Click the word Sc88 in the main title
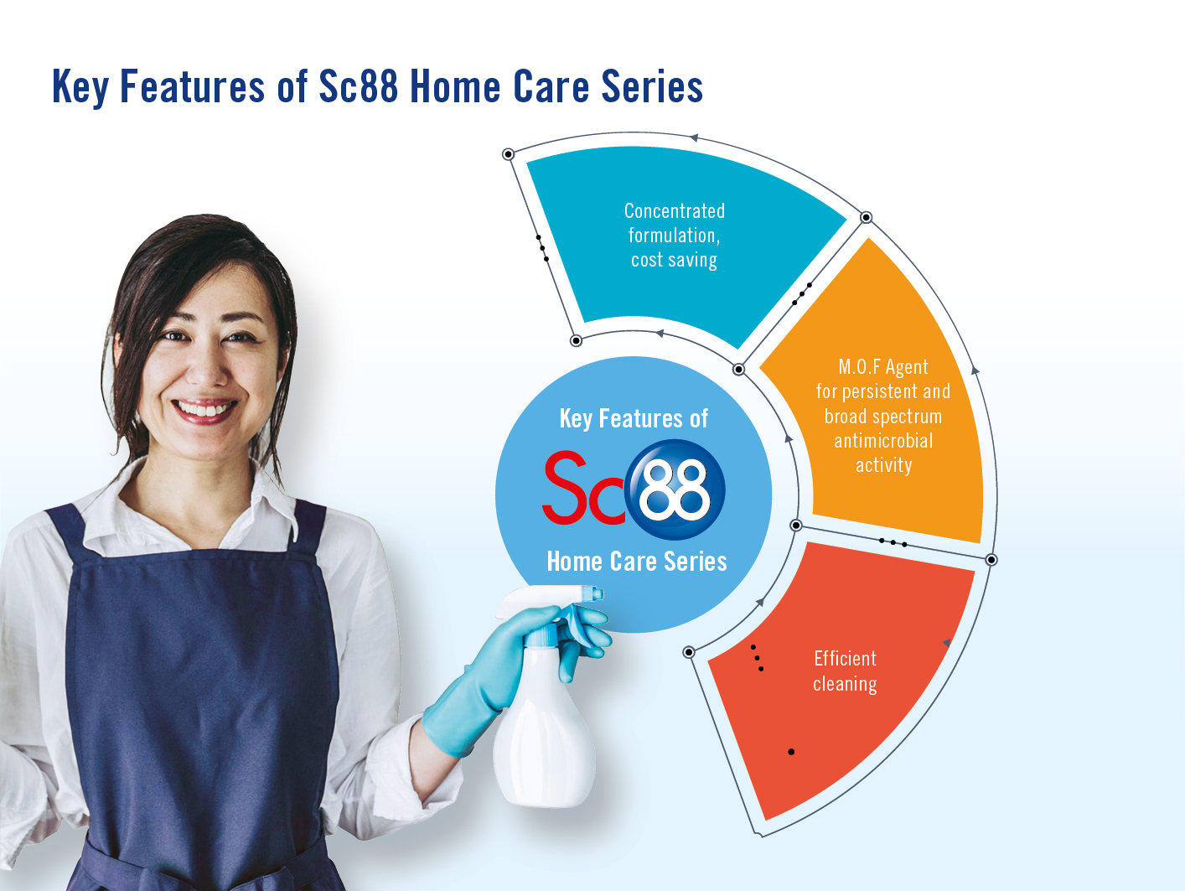pyautogui.click(x=359, y=85)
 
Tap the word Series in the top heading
pyautogui.click(x=652, y=85)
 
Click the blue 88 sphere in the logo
pyautogui.click(x=675, y=490)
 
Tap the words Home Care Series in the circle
pyautogui.click(x=637, y=562)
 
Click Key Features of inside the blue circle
pyautogui.click(x=634, y=419)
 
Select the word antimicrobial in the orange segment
pyautogui.click(x=884, y=441)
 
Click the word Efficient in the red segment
pyautogui.click(x=845, y=659)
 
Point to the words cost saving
pyautogui.click(x=675, y=261)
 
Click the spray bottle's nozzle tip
pyautogui.click(x=598, y=594)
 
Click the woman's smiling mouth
pyautogui.click(x=204, y=411)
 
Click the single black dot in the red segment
pyautogui.click(x=791, y=752)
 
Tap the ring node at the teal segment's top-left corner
pyautogui.click(x=508, y=154)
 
